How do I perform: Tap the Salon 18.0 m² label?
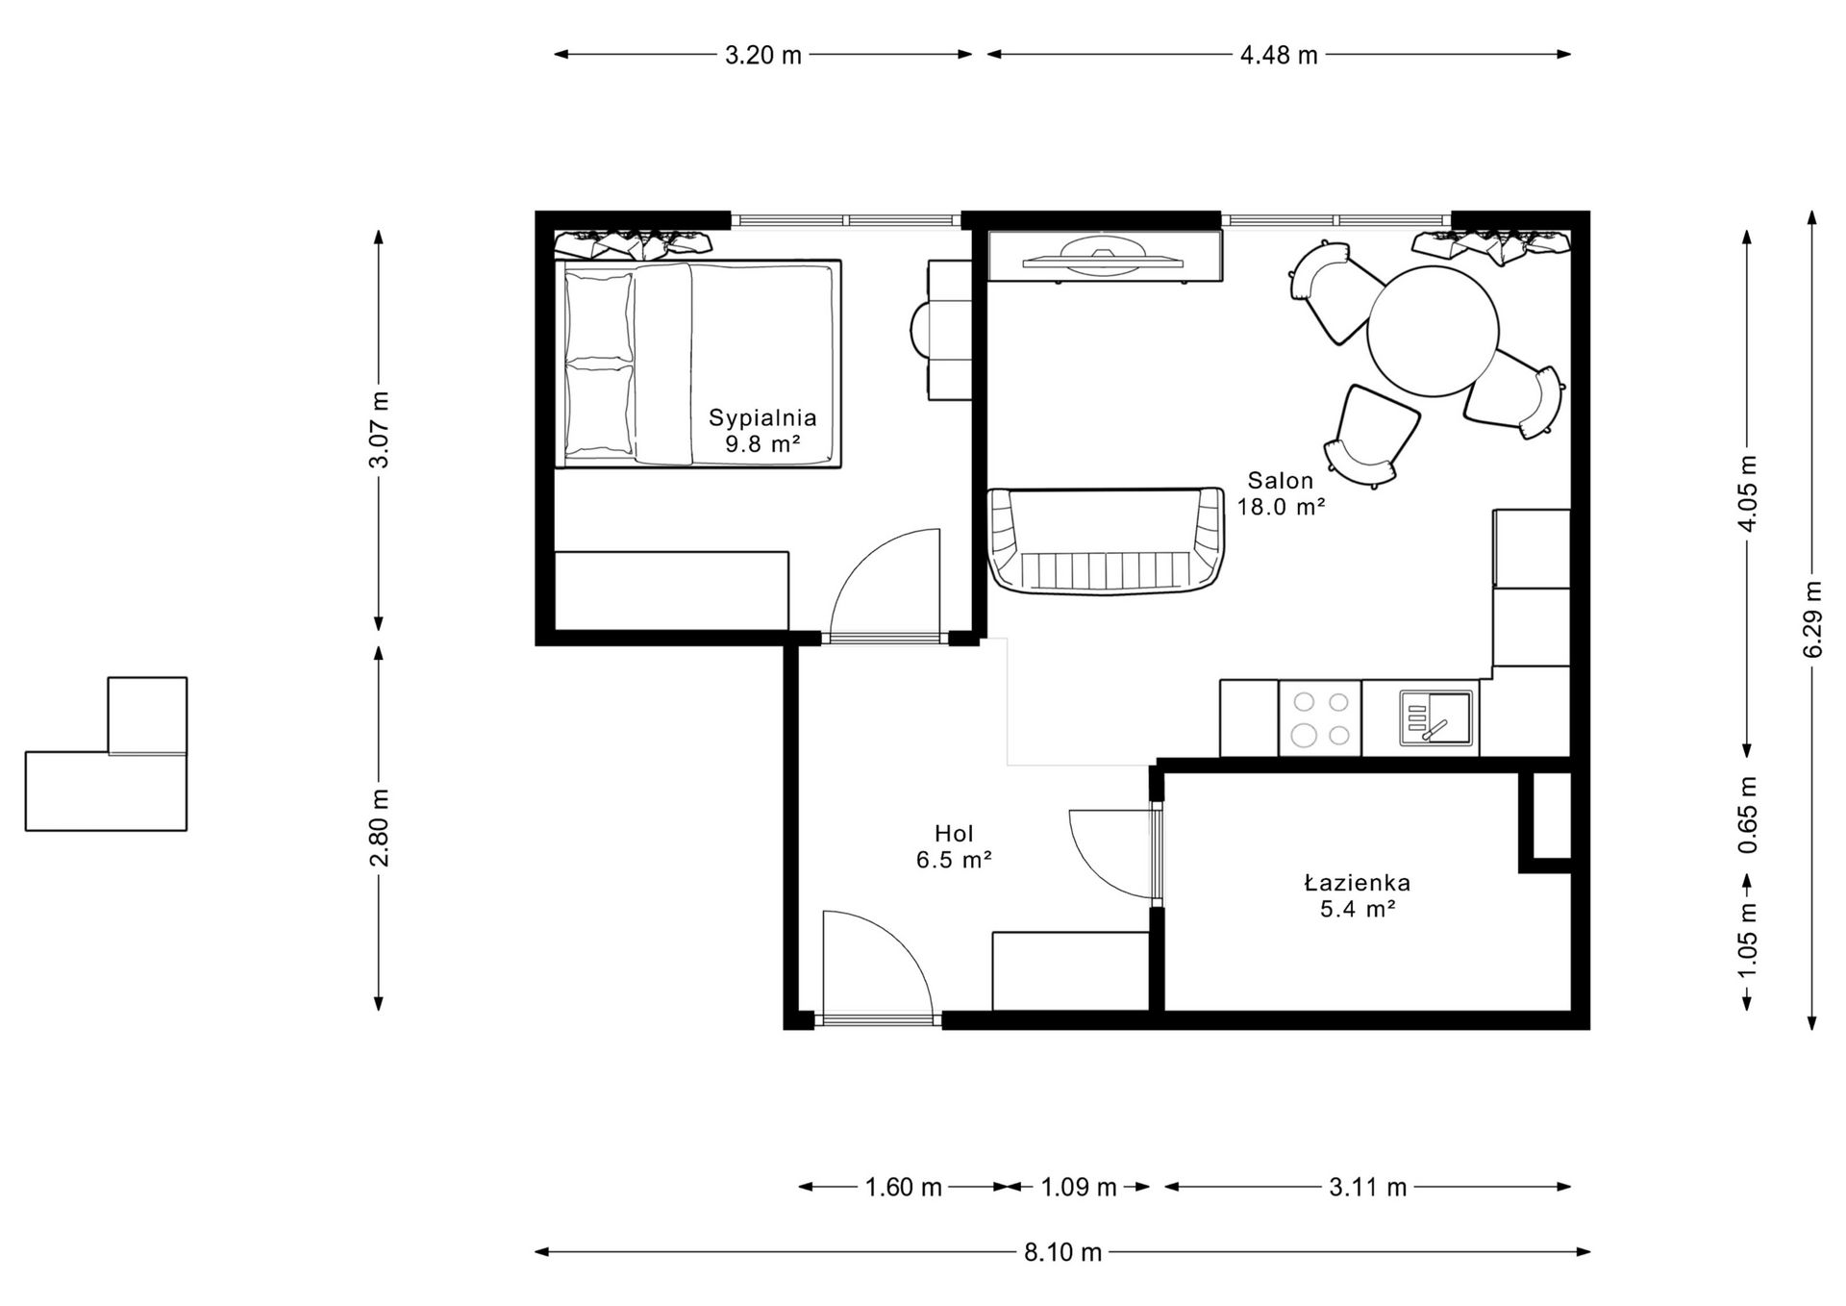(1281, 493)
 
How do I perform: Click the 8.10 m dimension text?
(1062, 1252)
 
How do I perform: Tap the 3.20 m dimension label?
(763, 55)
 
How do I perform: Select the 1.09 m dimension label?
(1079, 1188)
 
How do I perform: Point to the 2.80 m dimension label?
(380, 827)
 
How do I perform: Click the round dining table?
(1433, 331)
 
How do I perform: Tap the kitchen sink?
(1435, 717)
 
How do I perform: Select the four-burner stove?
(1320, 718)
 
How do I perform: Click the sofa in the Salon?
(1107, 541)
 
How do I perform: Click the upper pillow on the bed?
(599, 315)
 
